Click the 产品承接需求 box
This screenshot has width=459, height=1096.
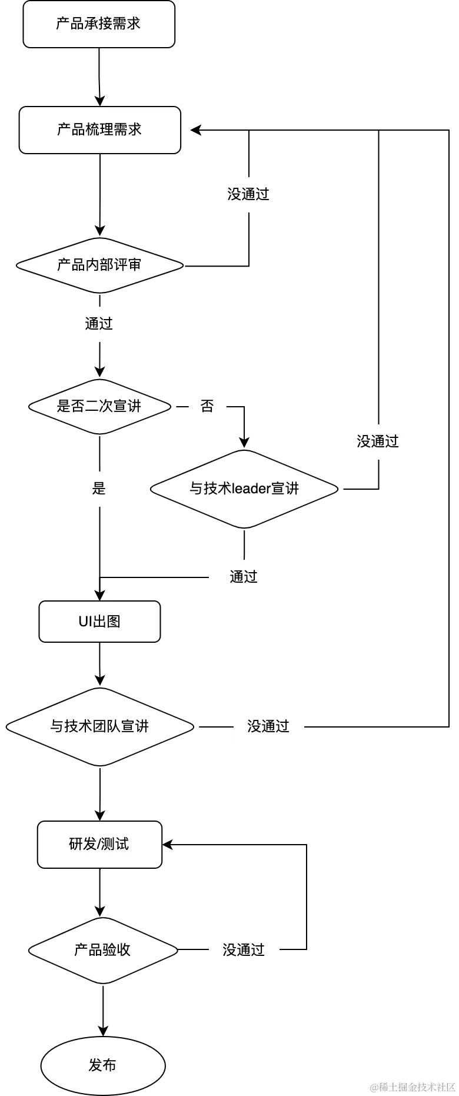[x=99, y=24]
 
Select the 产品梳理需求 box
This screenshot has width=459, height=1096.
[x=99, y=130]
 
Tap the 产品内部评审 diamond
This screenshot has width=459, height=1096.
[x=99, y=265]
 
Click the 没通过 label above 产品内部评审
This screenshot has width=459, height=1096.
[x=249, y=195]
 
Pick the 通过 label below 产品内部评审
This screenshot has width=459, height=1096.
[x=99, y=324]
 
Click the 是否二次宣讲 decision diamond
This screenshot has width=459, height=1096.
[x=99, y=406]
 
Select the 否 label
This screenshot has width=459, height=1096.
[x=208, y=406]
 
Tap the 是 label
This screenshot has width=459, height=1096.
[x=99, y=489]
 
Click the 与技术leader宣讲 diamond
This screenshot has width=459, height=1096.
[x=244, y=489]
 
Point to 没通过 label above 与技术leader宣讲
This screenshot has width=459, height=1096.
[x=377, y=442]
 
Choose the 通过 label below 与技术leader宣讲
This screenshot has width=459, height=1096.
[x=244, y=577]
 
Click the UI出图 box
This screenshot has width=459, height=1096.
[x=99, y=622]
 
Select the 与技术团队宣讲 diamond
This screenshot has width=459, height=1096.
[x=99, y=726]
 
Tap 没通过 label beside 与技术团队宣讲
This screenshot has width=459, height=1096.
[x=268, y=727]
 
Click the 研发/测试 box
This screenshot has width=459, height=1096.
[x=99, y=845]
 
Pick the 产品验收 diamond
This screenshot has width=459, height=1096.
[x=102, y=950]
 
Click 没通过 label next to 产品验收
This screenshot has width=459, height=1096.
[x=244, y=950]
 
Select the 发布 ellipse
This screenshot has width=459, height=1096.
[x=102, y=1065]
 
